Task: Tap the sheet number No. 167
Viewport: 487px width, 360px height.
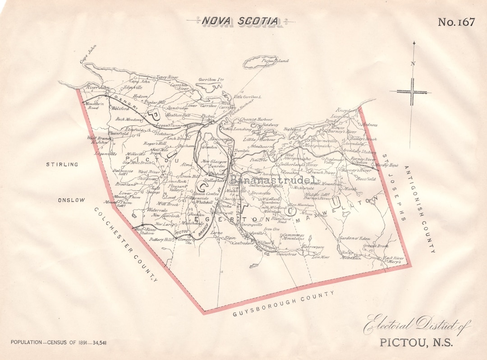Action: pos(456,22)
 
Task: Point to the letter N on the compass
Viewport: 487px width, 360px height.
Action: pos(413,64)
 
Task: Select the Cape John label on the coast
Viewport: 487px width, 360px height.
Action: pos(88,58)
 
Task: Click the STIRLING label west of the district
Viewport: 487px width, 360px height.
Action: pos(62,165)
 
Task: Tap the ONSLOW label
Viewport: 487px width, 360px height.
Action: pos(71,200)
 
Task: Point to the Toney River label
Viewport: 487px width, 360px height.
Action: pos(167,77)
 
